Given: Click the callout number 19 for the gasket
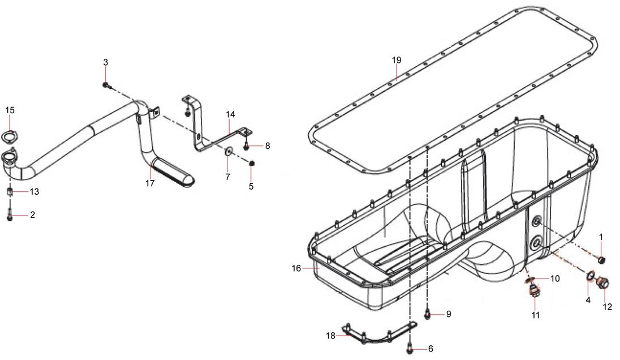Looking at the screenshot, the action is click(x=397, y=60).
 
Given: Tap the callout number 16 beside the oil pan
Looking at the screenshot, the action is click(x=296, y=268).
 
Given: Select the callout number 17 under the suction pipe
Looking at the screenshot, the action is click(x=149, y=183).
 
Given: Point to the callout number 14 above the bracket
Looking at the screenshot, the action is click(x=231, y=114).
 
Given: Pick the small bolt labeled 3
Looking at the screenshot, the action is click(x=106, y=85).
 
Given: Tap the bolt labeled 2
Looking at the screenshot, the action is click(x=10, y=216).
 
